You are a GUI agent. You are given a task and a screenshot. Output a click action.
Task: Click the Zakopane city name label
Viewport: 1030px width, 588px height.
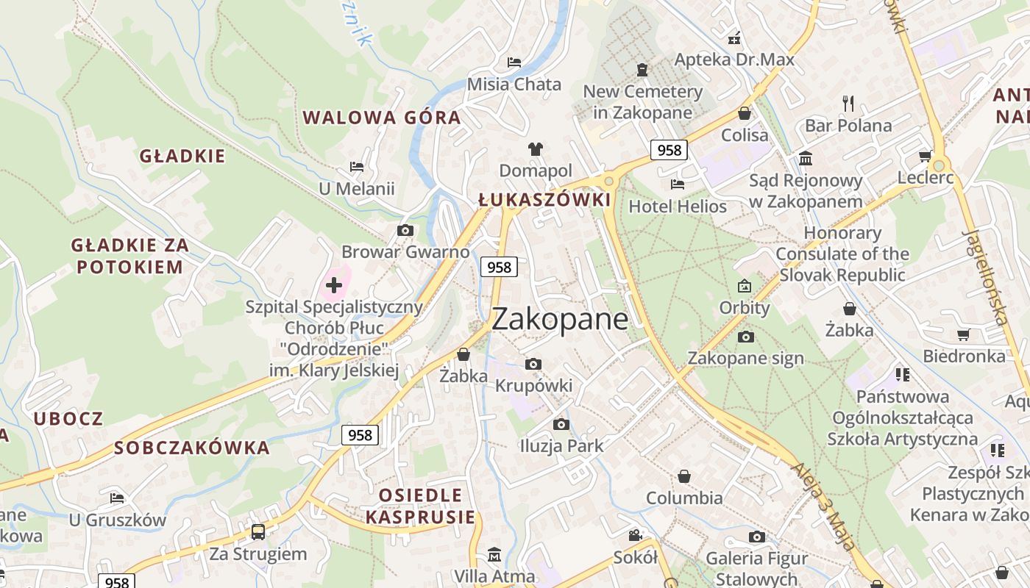coord(560,319)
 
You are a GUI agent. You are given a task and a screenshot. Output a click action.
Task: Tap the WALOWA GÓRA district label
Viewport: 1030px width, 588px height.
coord(382,118)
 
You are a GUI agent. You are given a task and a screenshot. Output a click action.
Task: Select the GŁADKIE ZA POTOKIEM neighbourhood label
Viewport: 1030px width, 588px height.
coord(129,256)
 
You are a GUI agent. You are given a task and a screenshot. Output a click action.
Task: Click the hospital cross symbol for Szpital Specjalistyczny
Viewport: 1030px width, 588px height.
coord(334,284)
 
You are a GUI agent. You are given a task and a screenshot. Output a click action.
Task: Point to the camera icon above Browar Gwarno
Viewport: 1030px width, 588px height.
coord(405,231)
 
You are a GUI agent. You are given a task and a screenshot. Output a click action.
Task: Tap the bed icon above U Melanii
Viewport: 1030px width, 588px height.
coord(357,167)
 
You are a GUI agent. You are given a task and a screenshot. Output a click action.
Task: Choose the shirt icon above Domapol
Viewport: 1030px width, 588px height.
coord(535,149)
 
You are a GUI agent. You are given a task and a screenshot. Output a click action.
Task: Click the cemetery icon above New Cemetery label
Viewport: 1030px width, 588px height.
coord(642,70)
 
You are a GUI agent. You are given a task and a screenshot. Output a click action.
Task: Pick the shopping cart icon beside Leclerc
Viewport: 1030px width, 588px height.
coord(925,156)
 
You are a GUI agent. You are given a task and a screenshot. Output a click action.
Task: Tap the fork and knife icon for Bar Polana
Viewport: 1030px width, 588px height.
coord(848,103)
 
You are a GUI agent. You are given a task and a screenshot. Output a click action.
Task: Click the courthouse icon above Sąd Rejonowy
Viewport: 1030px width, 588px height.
coord(806,158)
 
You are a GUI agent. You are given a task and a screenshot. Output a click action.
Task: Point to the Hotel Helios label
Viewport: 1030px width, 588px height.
coord(678,207)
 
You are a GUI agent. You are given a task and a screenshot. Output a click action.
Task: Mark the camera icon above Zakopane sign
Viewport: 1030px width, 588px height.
coord(745,337)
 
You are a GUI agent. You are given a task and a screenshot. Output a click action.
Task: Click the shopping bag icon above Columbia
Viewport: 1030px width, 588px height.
coord(684,476)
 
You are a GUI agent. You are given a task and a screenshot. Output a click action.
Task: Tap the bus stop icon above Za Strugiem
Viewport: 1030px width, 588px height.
coord(257,531)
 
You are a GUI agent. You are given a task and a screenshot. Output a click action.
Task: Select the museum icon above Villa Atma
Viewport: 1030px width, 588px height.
coord(494,554)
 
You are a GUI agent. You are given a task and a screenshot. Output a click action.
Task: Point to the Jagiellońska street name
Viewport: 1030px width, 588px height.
coord(985,276)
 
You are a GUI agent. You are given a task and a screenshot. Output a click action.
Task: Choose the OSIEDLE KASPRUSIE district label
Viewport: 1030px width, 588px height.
coord(420,506)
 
